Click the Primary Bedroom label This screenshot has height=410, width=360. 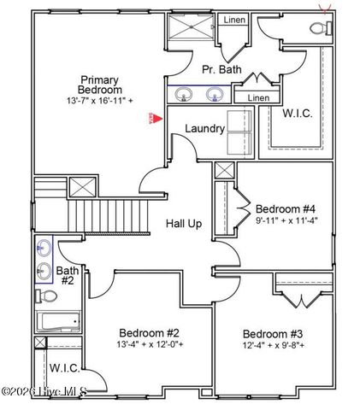click(100, 84)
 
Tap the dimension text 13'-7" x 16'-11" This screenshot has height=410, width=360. click(101, 101)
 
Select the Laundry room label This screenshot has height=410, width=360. click(205, 129)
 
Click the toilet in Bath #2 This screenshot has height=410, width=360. click(50, 296)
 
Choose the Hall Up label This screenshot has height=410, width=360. click(183, 223)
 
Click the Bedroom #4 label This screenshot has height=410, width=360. click(286, 208)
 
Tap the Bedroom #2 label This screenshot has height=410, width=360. click(149, 332)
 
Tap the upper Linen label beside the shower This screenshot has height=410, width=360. click(234, 20)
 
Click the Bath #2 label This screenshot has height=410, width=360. click(67, 275)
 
